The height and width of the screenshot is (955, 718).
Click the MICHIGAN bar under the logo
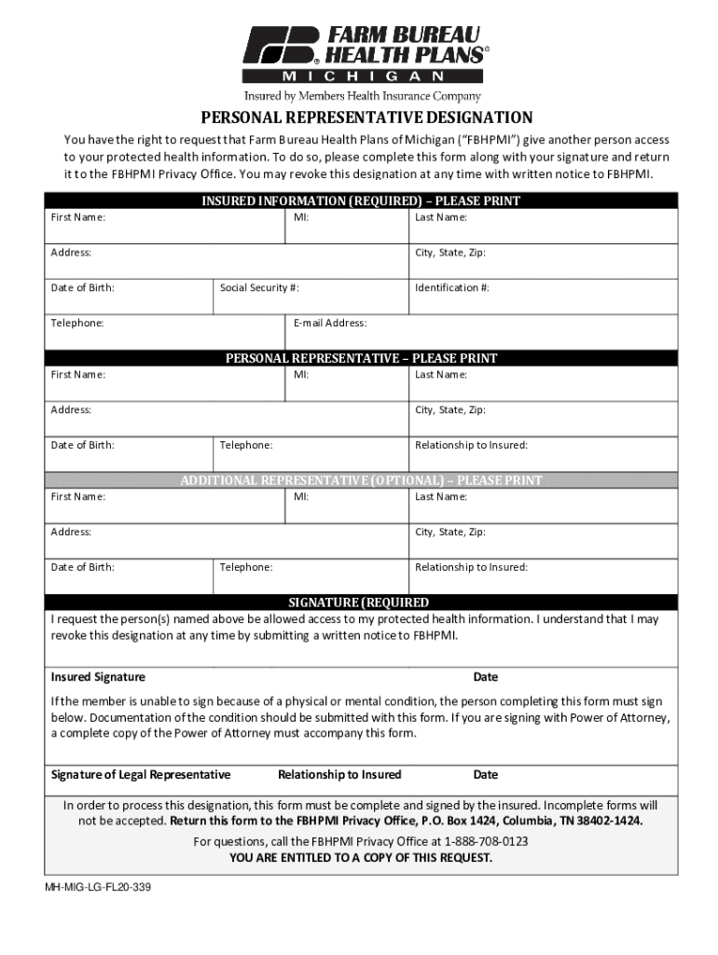363,76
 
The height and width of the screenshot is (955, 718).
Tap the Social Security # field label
259,287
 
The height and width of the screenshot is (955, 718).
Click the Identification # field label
452,287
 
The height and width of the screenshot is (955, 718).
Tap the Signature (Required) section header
359,602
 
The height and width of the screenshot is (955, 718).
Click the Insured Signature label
98,677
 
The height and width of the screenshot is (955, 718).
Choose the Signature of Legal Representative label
141,775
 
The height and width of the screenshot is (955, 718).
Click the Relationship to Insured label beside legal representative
339,775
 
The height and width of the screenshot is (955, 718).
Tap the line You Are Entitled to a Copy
361,858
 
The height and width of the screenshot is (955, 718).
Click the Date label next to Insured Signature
485,677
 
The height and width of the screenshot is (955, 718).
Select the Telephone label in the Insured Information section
77,323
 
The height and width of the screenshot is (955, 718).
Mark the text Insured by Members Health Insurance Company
363,96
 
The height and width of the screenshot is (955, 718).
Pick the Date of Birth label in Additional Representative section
83,567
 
